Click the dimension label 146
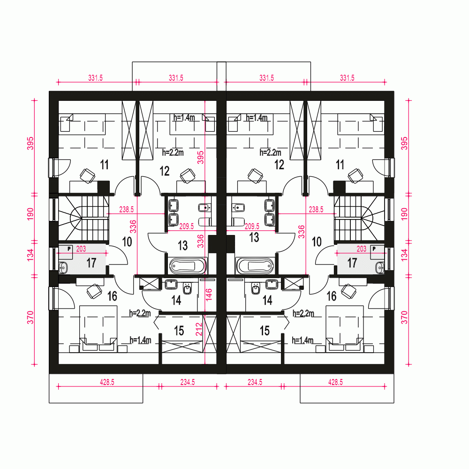point(209,295)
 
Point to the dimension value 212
point(199,329)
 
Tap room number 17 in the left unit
point(91,263)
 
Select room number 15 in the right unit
point(265,331)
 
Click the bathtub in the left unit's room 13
point(188,265)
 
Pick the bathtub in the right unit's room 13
point(255,265)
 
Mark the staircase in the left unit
point(83,218)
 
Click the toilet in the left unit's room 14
point(188,288)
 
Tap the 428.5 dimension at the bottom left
point(107,382)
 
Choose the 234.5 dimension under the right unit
point(255,382)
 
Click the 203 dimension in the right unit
point(361,249)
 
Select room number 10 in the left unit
point(127,242)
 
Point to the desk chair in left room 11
point(87,175)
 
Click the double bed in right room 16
point(344,329)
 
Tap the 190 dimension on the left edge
point(30,214)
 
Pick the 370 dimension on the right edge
point(404,318)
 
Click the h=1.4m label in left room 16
point(140,340)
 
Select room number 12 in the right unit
point(279,165)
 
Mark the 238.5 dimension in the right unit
point(316,209)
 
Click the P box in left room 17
point(69,249)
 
